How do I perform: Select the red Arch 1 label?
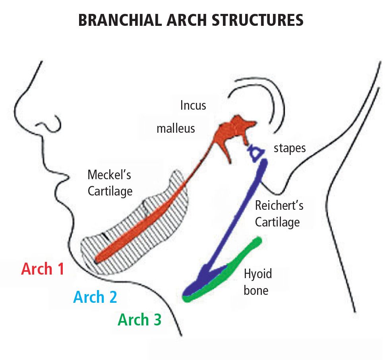tap(43, 269)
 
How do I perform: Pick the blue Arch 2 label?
tap(95, 297)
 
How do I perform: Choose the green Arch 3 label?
tap(139, 320)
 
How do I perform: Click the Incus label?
tap(193, 106)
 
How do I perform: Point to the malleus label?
tap(176, 128)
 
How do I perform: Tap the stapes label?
tap(290, 148)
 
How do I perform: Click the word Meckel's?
tap(110, 174)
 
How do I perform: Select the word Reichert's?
tap(279, 206)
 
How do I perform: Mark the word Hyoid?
tap(258, 274)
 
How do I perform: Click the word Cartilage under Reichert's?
tap(277, 222)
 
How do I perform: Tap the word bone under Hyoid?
tap(256, 290)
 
